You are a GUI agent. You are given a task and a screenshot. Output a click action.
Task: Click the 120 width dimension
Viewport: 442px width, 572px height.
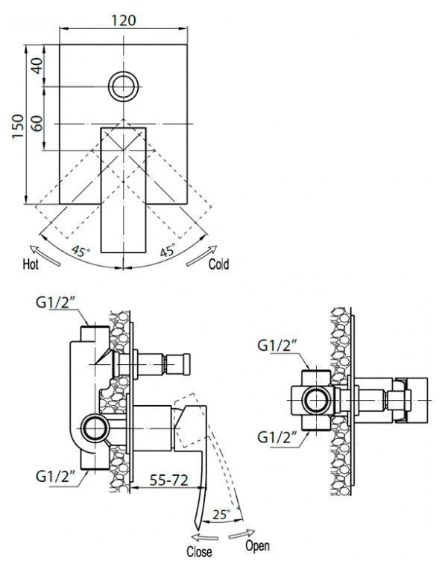point(124,19)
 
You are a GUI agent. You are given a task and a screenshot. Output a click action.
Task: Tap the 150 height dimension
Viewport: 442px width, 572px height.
point(18,126)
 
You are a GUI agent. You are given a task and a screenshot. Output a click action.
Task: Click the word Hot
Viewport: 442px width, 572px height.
point(31,264)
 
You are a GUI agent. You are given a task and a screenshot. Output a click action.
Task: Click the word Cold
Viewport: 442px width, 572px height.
point(219,264)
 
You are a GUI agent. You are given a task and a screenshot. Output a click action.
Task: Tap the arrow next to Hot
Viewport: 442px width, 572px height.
point(45,255)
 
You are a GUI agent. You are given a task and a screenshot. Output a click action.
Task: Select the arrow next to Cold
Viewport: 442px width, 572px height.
point(202,255)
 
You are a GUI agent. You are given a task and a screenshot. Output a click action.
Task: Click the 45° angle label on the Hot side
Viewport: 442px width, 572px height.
point(80,251)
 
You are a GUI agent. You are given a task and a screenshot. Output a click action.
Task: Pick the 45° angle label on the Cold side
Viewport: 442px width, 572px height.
point(168,250)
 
